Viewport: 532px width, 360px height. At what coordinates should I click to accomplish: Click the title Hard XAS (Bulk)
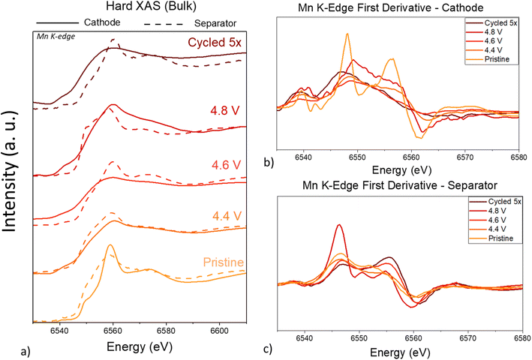click(151, 6)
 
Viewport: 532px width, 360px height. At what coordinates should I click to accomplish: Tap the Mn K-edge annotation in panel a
click(56, 36)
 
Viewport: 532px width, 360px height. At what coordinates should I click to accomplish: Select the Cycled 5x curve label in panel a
click(215, 42)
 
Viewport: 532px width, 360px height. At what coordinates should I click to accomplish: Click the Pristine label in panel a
click(224, 262)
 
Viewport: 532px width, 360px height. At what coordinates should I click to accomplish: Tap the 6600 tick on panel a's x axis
click(220, 330)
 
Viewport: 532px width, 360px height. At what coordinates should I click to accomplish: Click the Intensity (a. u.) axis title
click(10, 171)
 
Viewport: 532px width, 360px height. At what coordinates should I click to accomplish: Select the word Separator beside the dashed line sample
click(215, 23)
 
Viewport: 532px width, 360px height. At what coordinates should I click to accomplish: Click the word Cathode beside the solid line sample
click(102, 22)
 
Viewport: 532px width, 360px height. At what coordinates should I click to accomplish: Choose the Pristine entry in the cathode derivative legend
click(497, 59)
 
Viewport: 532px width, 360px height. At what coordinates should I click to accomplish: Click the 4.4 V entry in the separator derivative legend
click(497, 229)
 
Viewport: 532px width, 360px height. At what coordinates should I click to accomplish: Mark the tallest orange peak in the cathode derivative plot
click(347, 34)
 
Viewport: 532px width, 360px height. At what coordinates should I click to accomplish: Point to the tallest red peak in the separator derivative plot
click(338, 225)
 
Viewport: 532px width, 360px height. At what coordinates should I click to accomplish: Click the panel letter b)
click(269, 162)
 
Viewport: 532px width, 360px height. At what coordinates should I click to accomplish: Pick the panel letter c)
click(267, 349)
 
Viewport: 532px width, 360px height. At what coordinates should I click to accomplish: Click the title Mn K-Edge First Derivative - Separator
click(400, 185)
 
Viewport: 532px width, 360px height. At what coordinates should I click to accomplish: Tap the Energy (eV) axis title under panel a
click(140, 346)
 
